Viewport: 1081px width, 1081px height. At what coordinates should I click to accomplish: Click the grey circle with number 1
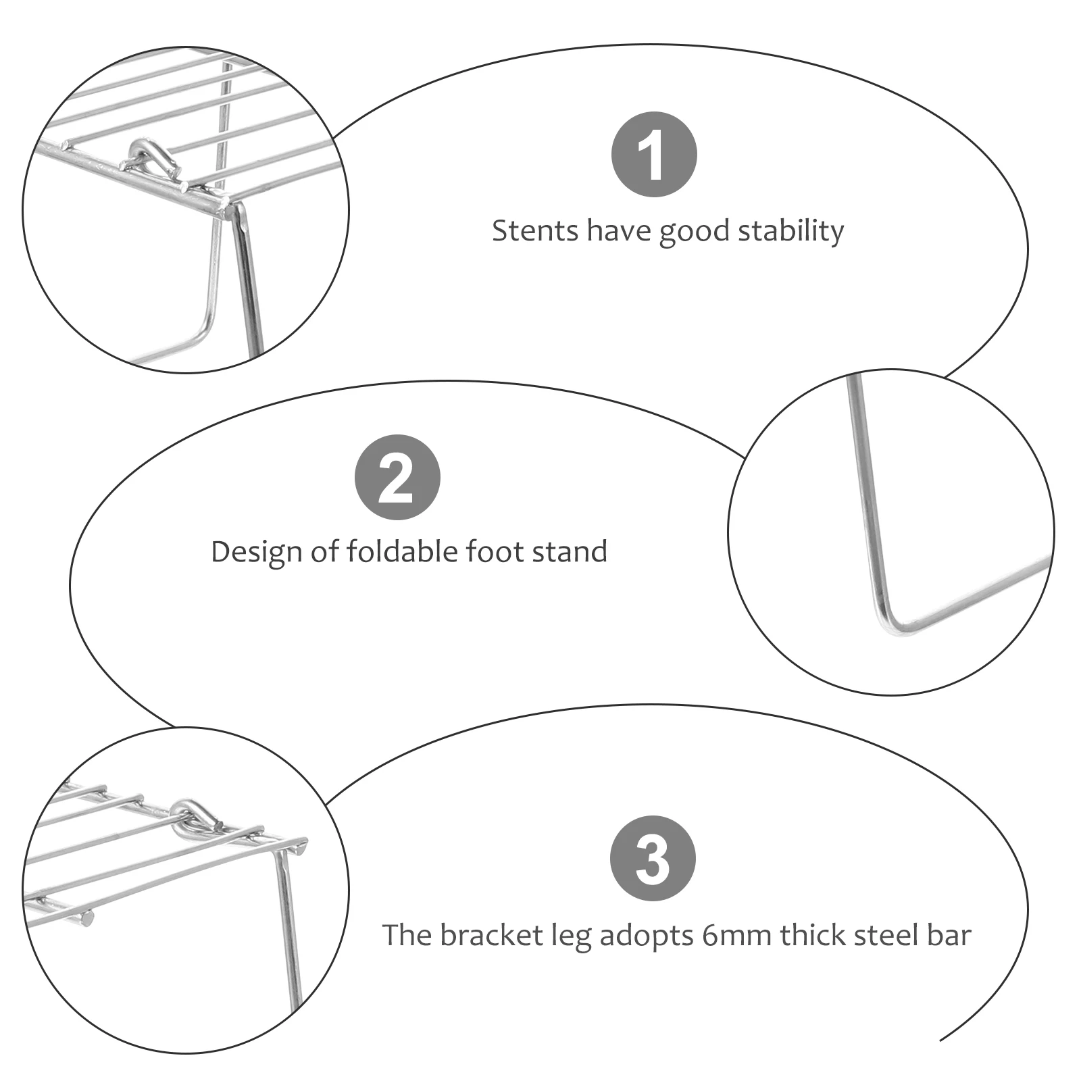[x=653, y=155]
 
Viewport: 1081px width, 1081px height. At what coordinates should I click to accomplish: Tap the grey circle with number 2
[x=397, y=477]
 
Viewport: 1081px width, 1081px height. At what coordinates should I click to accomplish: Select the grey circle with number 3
[x=652, y=858]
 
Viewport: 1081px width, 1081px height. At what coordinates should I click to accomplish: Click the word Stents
[x=535, y=231]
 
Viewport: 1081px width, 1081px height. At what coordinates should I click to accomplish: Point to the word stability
[x=790, y=231]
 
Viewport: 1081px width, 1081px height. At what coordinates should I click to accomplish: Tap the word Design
[x=257, y=552]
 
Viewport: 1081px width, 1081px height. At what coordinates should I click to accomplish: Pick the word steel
[x=889, y=936]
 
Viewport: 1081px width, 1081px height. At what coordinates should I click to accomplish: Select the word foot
[x=495, y=552]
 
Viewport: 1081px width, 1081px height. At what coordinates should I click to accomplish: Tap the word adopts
[x=647, y=936]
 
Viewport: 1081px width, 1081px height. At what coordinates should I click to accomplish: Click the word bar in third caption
[x=952, y=936]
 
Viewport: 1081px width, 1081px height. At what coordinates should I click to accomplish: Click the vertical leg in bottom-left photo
[x=289, y=932]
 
